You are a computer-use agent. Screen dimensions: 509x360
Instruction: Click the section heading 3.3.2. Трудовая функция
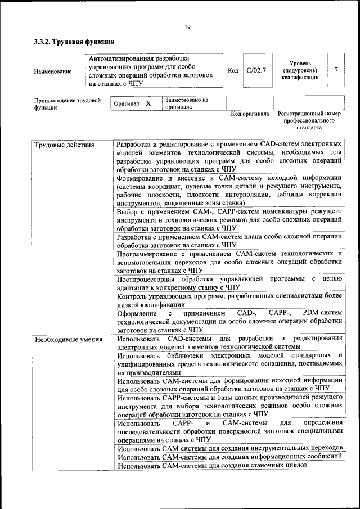74,42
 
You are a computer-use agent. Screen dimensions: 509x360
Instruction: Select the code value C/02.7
256,71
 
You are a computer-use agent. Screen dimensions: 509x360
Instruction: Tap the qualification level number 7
336,70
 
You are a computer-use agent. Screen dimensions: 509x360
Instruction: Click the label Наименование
53,71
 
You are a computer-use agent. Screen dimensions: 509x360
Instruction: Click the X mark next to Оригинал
148,104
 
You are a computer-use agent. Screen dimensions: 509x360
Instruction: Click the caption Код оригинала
250,114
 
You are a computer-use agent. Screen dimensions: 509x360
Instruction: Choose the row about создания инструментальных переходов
229,448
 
